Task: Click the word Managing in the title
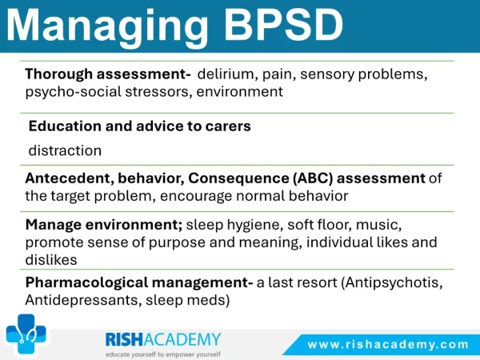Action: [107, 27]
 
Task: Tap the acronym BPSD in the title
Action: [284, 24]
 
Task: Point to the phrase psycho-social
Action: [73, 92]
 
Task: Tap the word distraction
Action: [65, 150]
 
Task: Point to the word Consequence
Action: [238, 178]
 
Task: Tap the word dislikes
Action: [51, 260]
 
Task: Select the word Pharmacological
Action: [87, 282]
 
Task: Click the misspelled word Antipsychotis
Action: [392, 283]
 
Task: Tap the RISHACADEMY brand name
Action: [163, 339]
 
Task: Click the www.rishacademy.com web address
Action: [388, 345]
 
